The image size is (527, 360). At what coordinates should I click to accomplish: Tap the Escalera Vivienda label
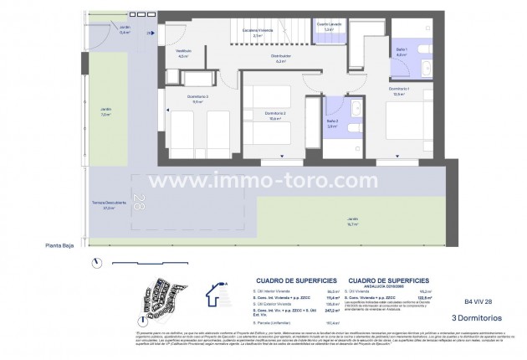(258, 33)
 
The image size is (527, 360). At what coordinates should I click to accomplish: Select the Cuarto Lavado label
(328, 27)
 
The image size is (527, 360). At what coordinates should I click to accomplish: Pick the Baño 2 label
(332, 126)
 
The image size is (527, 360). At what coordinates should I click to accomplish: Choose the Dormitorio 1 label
(399, 90)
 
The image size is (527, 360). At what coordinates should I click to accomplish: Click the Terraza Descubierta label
(110, 204)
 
